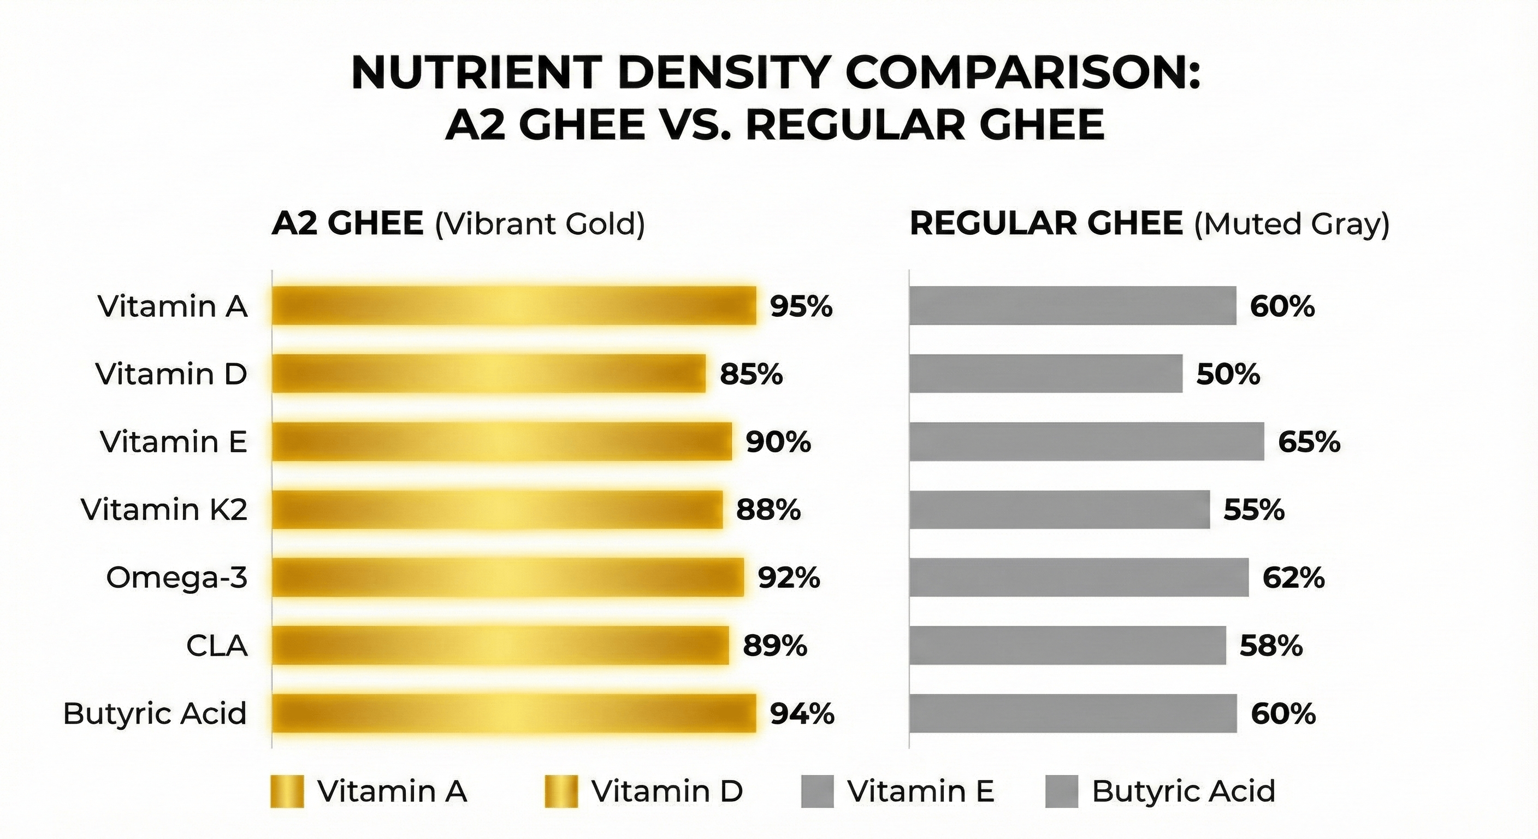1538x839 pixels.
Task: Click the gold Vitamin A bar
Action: coord(513,306)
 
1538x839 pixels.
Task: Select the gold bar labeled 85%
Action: coord(488,374)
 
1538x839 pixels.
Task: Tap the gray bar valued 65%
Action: coord(1087,442)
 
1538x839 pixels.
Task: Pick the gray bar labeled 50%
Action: coord(1045,374)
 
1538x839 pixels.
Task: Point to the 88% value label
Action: coord(768,510)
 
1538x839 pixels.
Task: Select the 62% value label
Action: coord(1293,578)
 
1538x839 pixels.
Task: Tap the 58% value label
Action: coord(1271,646)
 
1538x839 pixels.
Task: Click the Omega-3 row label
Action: coord(177,578)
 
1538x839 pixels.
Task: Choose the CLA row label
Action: coord(217,646)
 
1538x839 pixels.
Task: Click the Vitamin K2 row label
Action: coord(164,510)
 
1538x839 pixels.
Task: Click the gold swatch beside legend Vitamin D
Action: coord(561,791)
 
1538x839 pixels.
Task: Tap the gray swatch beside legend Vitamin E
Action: coord(817,791)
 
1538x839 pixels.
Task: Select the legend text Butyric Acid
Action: coord(1184,791)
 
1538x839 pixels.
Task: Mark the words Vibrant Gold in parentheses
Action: coord(540,224)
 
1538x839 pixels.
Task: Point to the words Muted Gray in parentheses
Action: coord(1292,224)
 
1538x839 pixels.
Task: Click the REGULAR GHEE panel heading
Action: coord(1046,224)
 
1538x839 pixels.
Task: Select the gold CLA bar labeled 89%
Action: coord(500,646)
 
